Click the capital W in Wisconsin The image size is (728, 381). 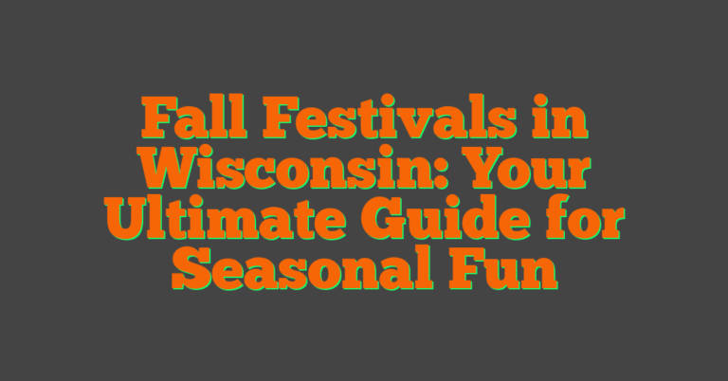173,172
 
